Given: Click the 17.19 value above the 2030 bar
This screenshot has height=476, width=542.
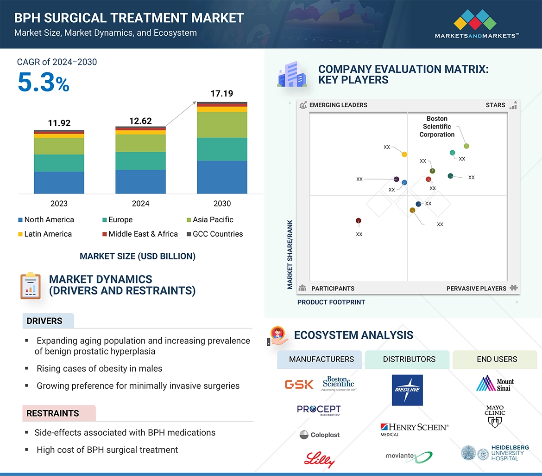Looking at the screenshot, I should pos(221,94).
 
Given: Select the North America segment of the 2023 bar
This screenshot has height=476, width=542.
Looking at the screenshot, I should pos(59,182).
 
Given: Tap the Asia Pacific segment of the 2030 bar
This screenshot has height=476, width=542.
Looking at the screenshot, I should pos(222,124).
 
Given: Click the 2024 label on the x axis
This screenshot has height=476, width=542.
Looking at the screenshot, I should pos(140,204).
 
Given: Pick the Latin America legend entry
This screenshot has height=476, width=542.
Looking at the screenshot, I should pos(45,234).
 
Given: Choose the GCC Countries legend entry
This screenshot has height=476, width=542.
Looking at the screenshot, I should pos(214,234).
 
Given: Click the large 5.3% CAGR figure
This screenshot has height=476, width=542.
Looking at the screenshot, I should pos(43,82).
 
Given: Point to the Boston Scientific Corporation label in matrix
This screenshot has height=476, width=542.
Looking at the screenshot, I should pos(437,127).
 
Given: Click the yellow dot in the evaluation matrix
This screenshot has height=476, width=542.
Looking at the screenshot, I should pos(404,154).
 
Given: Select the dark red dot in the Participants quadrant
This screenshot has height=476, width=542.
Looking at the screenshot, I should pos(358,221).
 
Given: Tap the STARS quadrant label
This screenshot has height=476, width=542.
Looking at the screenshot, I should pos(496,105).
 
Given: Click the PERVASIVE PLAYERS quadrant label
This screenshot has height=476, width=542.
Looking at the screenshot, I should pos(476,288).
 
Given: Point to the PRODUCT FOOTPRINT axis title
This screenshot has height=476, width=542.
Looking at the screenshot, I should pos(331,302).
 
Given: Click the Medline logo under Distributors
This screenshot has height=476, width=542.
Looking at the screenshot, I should pos(407,390).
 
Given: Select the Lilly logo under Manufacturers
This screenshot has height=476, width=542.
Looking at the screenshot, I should pos(319,459).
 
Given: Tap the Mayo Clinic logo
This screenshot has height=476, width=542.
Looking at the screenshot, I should pos(495,416).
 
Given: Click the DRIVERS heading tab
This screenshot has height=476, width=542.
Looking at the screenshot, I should pos(44,321).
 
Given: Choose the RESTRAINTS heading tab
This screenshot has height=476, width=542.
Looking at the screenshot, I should pos(53,413).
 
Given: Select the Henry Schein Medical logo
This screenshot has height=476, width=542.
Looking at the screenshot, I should pos(414,429).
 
